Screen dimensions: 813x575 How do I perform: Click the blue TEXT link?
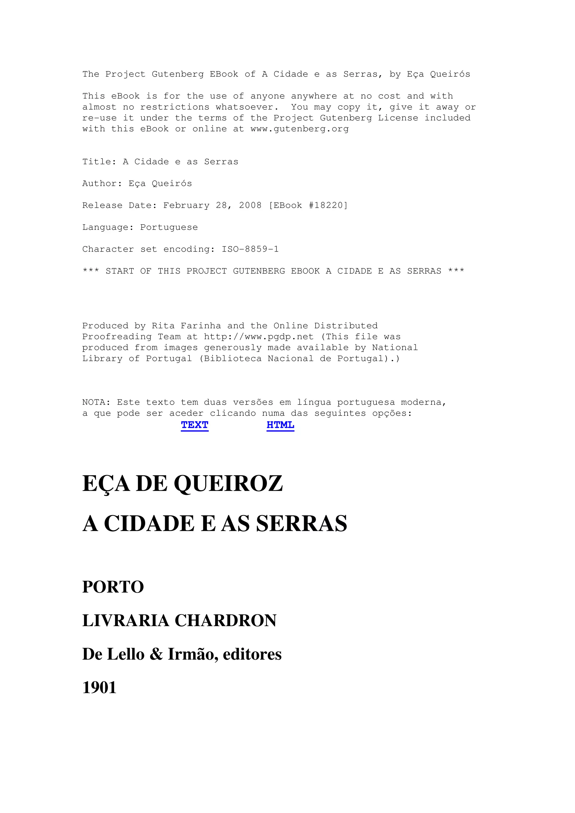tap(195, 425)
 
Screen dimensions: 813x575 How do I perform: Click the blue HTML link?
tap(280, 425)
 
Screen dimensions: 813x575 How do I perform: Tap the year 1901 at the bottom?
tap(99, 688)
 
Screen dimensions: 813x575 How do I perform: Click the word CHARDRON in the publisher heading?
tap(226, 621)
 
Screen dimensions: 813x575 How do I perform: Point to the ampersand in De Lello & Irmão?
tap(156, 654)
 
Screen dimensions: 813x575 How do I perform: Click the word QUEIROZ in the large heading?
tap(229, 484)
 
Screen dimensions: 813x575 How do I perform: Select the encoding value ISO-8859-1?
tap(250, 249)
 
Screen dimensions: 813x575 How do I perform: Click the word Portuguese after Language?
tap(169, 227)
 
